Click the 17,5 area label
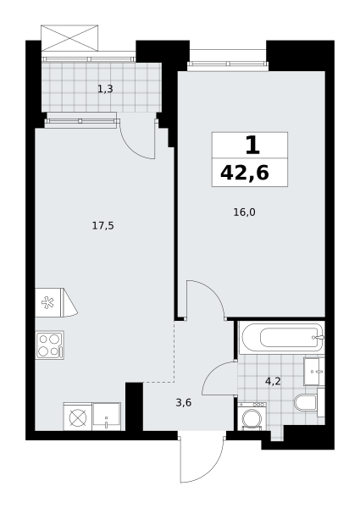(102, 226)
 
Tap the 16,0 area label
(244, 213)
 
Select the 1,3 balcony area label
(105, 88)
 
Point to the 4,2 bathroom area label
(273, 381)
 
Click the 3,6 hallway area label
(184, 403)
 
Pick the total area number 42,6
(245, 173)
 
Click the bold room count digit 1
(252, 146)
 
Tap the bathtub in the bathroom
(282, 339)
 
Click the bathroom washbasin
(314, 372)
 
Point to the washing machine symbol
(252, 417)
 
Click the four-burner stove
(50, 345)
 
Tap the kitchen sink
(107, 417)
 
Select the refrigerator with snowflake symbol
(56, 302)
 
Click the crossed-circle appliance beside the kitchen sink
(78, 417)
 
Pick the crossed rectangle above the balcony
(69, 38)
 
